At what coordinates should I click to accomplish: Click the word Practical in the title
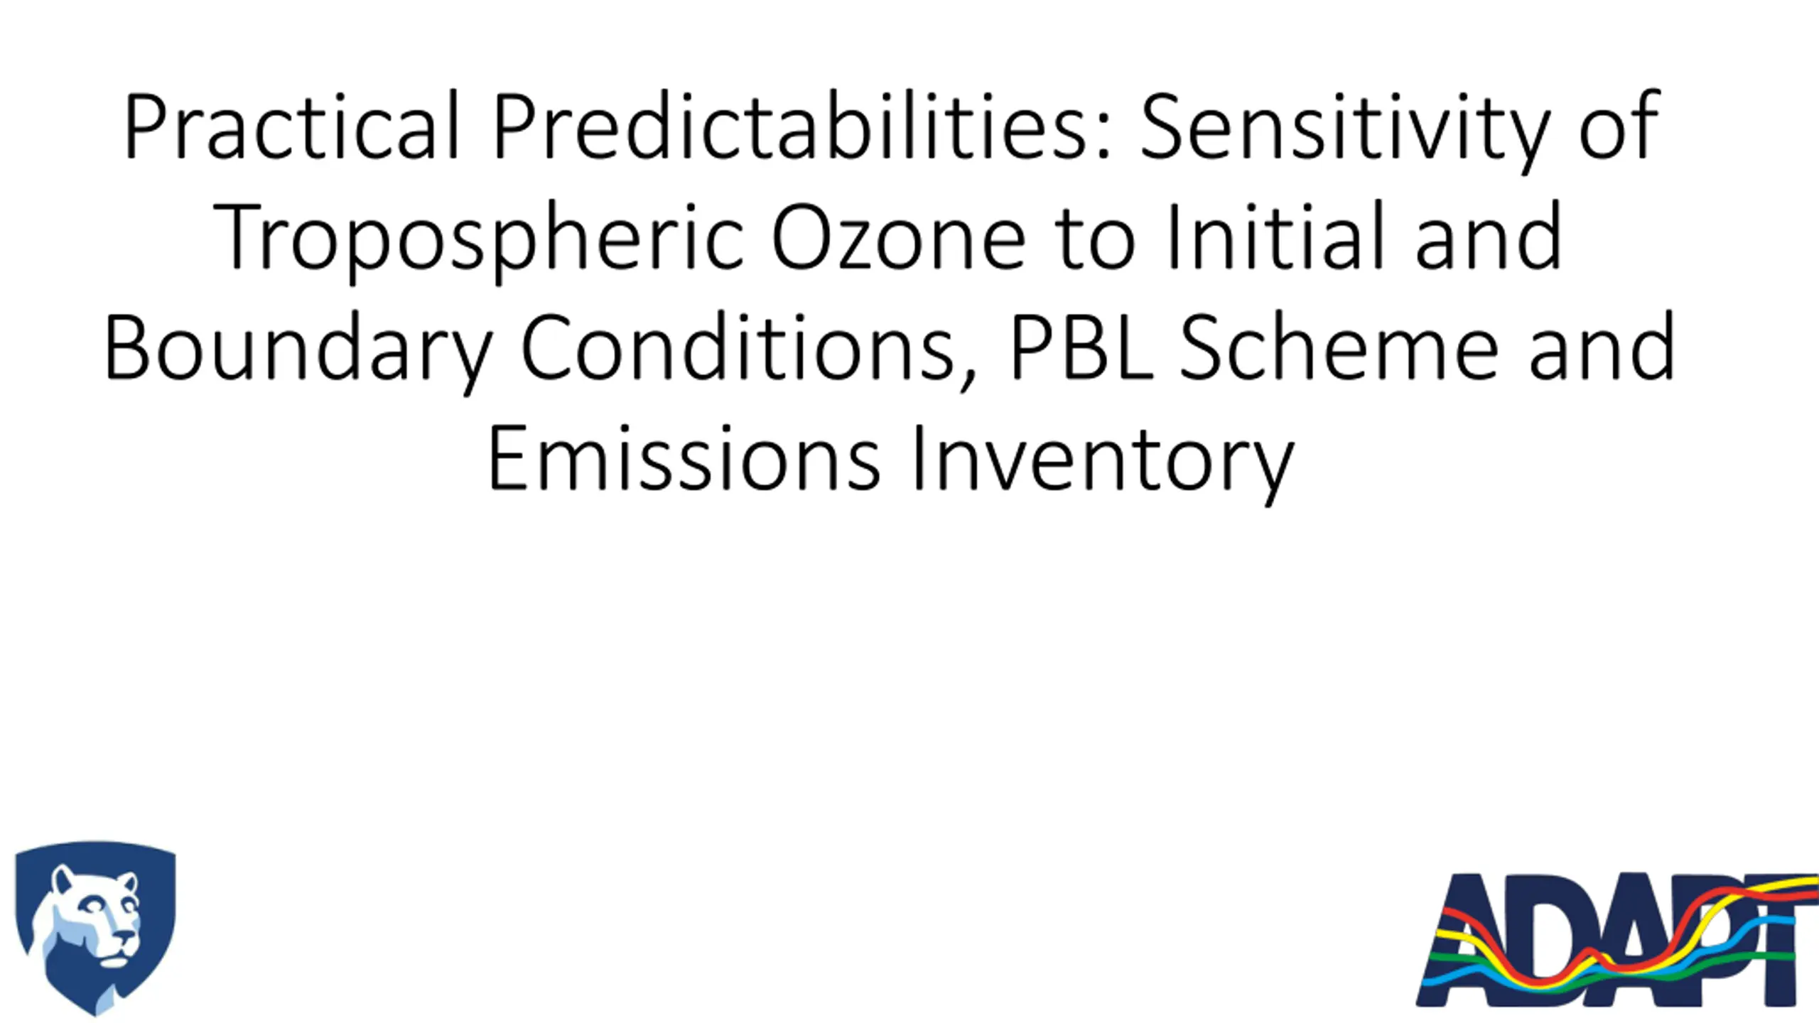(292, 126)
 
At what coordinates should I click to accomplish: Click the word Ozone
(899, 237)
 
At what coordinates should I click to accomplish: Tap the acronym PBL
(1081, 348)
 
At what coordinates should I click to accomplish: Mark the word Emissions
(684, 458)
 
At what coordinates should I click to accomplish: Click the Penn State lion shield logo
(95, 928)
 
